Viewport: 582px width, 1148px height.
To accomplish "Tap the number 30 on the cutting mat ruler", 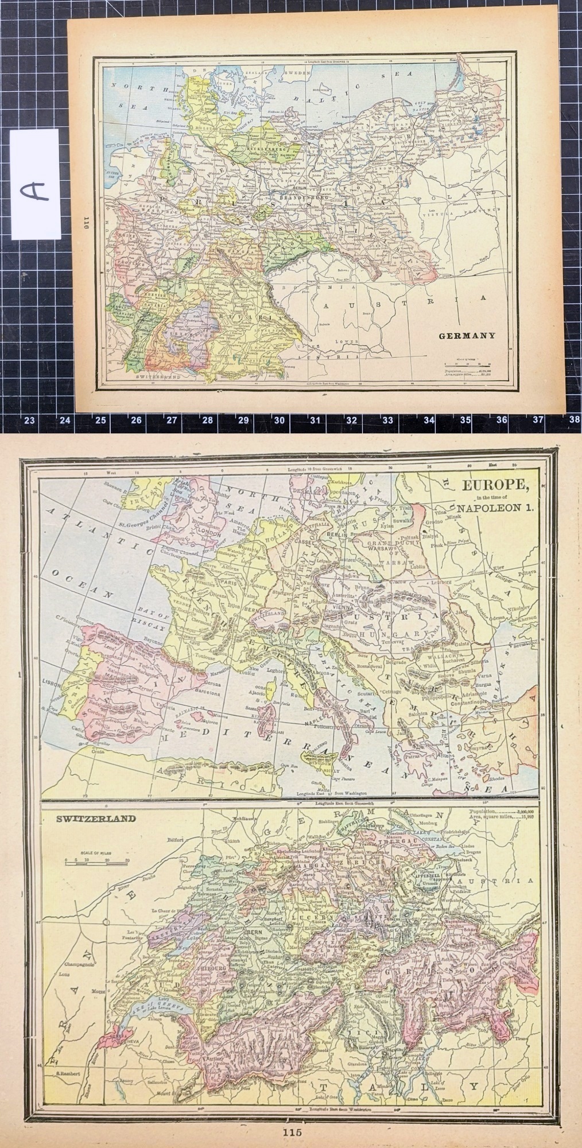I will coord(280,420).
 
